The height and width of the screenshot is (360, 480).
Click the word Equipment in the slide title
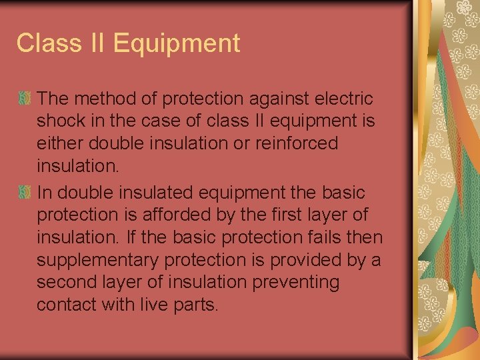point(177,43)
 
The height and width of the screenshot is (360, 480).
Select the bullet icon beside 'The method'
point(25,99)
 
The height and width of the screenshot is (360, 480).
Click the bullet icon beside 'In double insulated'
point(25,193)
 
